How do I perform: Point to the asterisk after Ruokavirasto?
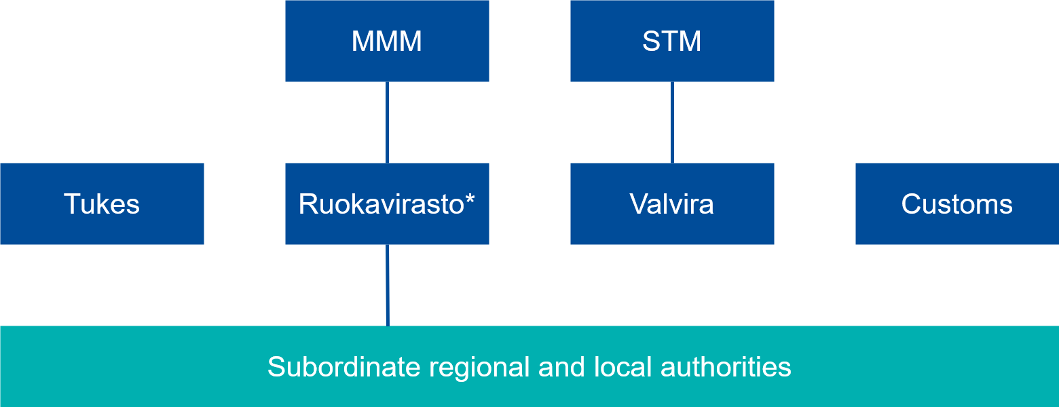(x=470, y=199)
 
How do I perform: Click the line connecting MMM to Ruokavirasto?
(x=387, y=122)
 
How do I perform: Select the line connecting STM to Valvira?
(x=672, y=122)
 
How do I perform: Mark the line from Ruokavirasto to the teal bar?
(x=387, y=285)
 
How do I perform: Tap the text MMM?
(x=387, y=41)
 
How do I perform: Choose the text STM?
(x=672, y=41)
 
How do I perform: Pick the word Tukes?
(x=102, y=204)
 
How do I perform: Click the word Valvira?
(x=672, y=204)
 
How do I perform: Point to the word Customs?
(x=957, y=204)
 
